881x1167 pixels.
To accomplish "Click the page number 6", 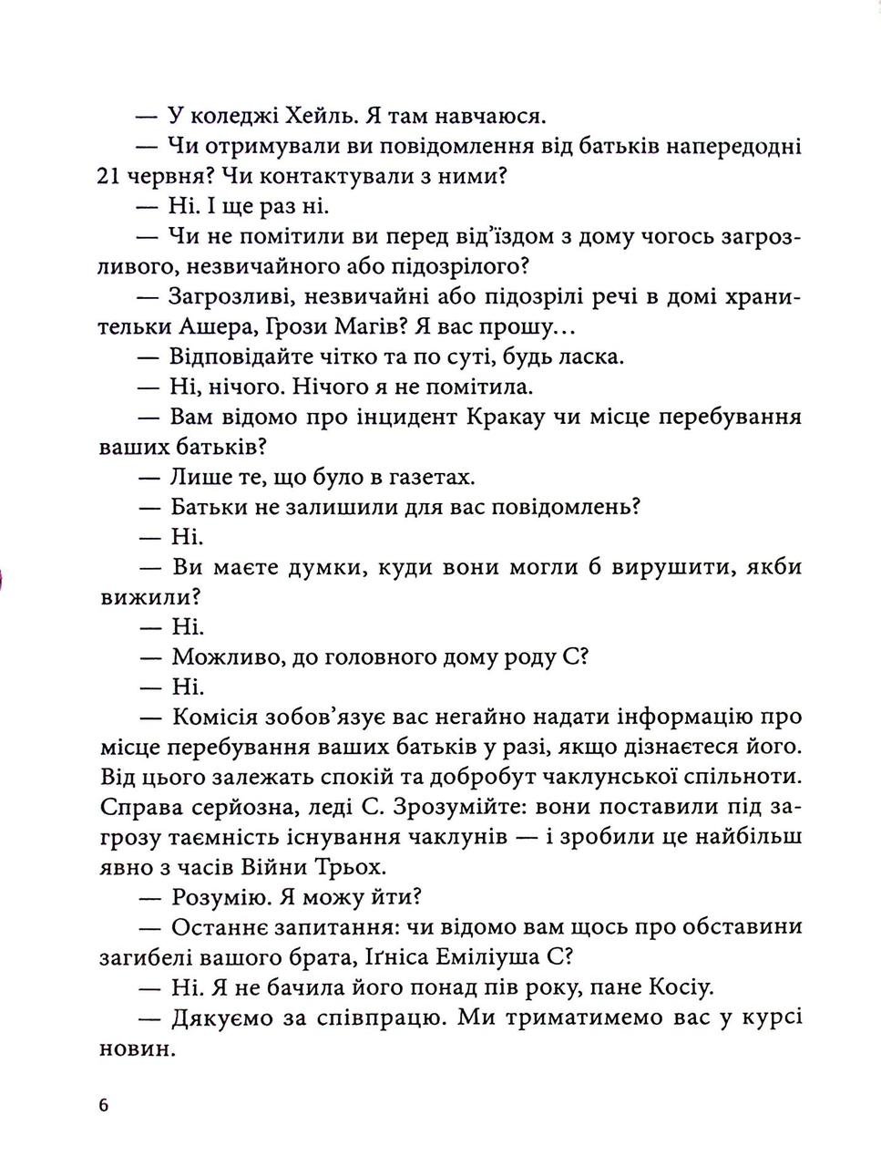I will pyautogui.click(x=103, y=1105).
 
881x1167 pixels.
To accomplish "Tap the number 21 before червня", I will pyautogui.click(x=108, y=176).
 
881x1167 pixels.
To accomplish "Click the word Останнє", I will pyautogui.click(x=227, y=926).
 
